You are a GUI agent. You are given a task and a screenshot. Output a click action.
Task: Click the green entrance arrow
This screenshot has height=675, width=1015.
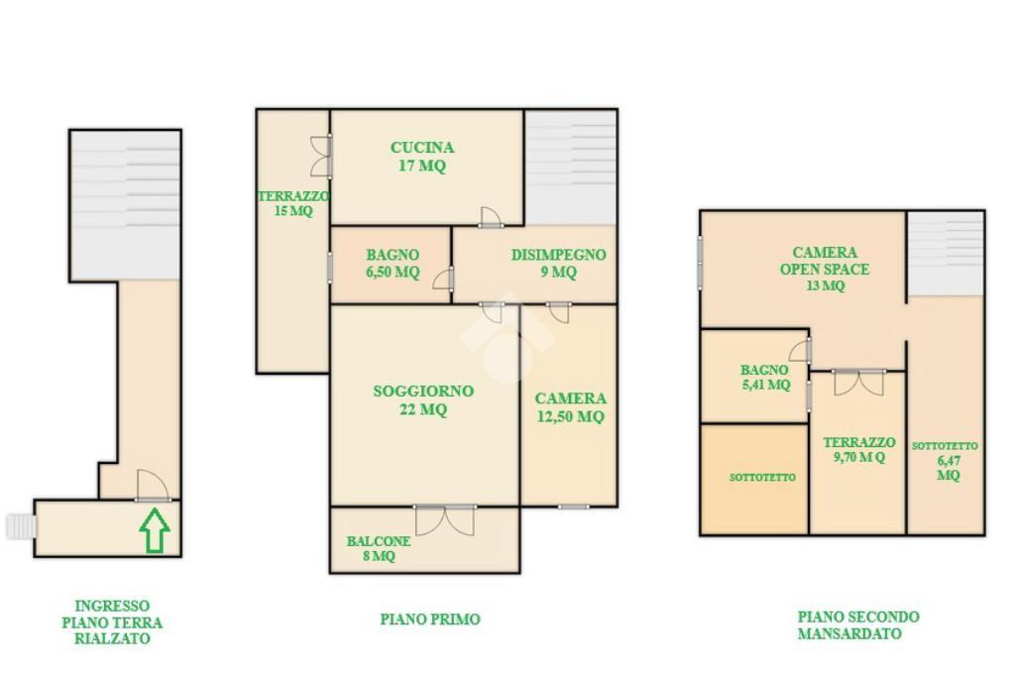tap(155, 530)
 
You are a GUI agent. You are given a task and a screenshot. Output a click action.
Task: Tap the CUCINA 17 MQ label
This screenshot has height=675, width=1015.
tap(422, 157)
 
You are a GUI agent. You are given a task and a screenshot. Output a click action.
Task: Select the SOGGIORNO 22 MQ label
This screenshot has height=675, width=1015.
tap(423, 400)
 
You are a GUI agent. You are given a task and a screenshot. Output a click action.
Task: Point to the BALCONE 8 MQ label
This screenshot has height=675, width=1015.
tap(378, 548)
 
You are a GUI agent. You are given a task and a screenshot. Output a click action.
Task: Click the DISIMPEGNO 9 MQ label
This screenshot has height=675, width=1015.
tap(559, 264)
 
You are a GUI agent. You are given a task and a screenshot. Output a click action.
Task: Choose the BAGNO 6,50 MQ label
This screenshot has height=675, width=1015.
tap(393, 264)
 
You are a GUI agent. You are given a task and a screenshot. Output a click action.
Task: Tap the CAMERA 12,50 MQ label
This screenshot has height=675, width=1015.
tap(570, 407)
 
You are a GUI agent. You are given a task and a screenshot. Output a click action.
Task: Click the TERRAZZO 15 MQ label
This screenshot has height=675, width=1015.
tap(293, 203)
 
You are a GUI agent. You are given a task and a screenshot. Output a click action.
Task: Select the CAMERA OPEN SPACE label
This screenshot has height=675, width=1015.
tap(825, 261)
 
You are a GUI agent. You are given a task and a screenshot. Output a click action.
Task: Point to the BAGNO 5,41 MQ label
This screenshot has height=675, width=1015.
tap(765, 378)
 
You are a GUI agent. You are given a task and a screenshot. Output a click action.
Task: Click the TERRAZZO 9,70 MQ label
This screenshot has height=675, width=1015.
tap(859, 450)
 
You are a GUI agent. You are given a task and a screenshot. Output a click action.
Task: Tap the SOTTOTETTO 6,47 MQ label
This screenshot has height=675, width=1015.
tap(945, 460)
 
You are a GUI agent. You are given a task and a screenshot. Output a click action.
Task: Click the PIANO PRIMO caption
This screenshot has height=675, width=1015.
tap(430, 619)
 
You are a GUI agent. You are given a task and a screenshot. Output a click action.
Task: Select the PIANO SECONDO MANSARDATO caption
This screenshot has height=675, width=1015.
tap(857, 625)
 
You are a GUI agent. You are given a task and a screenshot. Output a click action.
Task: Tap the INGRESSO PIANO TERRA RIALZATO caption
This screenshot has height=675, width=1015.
tap(112, 621)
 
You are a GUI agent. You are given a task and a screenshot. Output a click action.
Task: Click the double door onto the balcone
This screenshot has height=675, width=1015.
tap(445, 520)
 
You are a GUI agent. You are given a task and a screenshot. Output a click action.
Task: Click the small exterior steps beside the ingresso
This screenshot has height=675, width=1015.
tap(20, 526)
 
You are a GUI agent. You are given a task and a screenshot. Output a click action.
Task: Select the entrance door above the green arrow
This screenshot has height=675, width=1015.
tap(154, 486)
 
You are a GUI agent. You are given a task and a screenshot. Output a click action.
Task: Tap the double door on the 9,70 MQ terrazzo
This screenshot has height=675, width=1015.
tap(858, 383)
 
